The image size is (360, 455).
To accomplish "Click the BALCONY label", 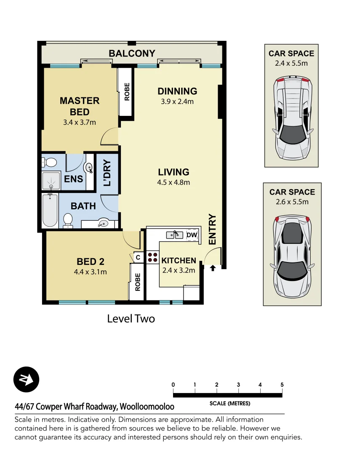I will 132,54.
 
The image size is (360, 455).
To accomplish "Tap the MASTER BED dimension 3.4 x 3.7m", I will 79,123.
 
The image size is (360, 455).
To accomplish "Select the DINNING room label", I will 177,91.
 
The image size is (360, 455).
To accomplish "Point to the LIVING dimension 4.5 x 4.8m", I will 173,182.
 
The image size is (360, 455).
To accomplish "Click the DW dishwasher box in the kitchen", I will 192,235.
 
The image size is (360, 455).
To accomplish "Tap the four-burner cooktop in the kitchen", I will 152,257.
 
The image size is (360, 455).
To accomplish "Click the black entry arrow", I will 213,268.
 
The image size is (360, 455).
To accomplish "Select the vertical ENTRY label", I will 212,229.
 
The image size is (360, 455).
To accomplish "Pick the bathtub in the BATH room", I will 50,211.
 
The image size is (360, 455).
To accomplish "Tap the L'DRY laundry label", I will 107,173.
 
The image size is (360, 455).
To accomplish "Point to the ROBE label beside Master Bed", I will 127,91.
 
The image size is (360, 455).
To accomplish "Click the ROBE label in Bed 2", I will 137,282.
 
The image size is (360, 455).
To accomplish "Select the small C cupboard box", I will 137,257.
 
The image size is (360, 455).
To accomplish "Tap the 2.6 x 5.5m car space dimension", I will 292,202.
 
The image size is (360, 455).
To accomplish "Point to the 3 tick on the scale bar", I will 238,385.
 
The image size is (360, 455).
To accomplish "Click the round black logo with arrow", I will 27,380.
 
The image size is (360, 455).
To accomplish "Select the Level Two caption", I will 131,318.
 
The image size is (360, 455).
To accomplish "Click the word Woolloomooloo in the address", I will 147,407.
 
